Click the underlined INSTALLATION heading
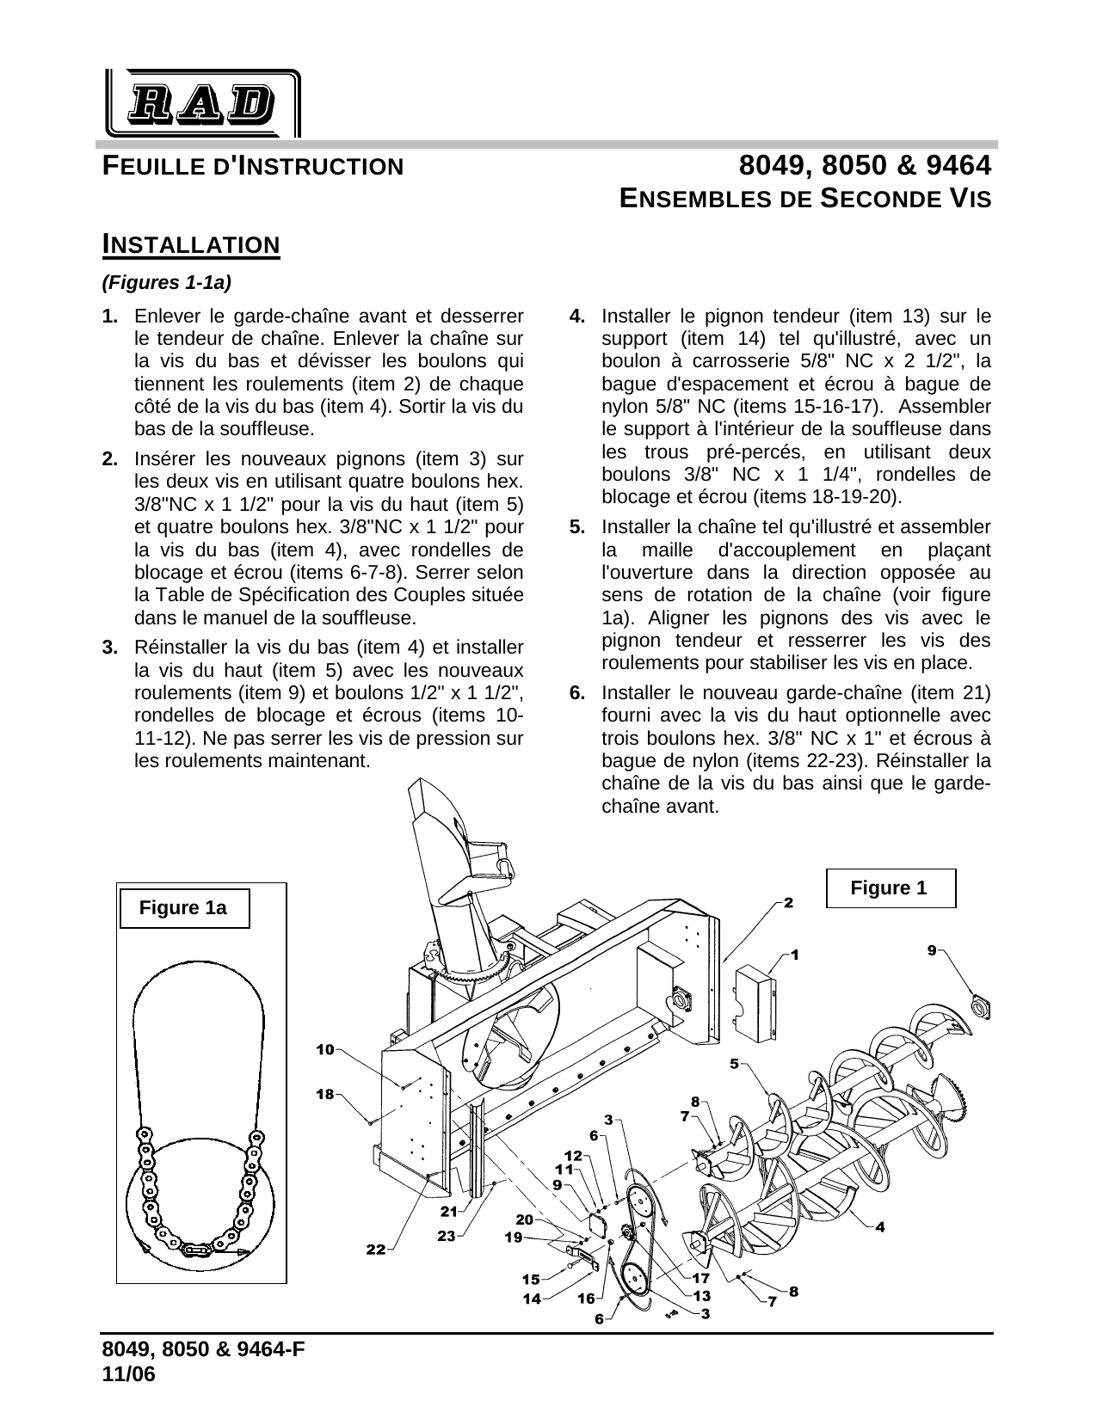191,244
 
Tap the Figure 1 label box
890,888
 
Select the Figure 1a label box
183,908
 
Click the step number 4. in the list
578,316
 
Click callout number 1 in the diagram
795,955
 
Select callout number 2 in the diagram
787,903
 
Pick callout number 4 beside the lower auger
880,1227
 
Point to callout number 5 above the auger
734,1063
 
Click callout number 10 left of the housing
324,1049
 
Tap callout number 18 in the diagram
324,1095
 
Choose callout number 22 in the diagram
375,1250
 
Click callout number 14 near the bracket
533,1299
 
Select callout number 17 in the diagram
701,1278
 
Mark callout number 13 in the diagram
701,1295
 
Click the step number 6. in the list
578,693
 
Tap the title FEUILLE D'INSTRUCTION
253,166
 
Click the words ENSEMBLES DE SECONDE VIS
805,199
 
